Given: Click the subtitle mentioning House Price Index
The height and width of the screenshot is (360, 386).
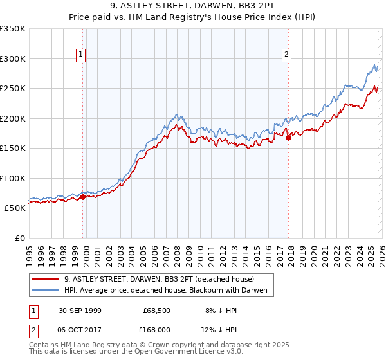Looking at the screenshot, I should [x=193, y=18].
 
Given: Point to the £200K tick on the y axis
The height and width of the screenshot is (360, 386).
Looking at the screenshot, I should [x=13, y=118].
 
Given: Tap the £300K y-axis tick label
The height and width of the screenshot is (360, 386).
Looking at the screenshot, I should [x=13, y=59].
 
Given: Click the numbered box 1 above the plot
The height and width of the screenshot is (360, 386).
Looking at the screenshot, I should [x=81, y=55].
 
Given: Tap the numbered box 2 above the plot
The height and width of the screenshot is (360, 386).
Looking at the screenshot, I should [x=286, y=55].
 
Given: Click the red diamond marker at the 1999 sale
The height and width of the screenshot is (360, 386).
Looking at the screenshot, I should [x=83, y=197].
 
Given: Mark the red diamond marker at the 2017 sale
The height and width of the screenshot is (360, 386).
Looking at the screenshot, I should [x=289, y=137].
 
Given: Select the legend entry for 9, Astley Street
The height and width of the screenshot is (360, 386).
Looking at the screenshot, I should [x=160, y=279].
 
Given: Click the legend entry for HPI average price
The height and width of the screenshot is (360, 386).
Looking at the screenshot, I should [x=169, y=291].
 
